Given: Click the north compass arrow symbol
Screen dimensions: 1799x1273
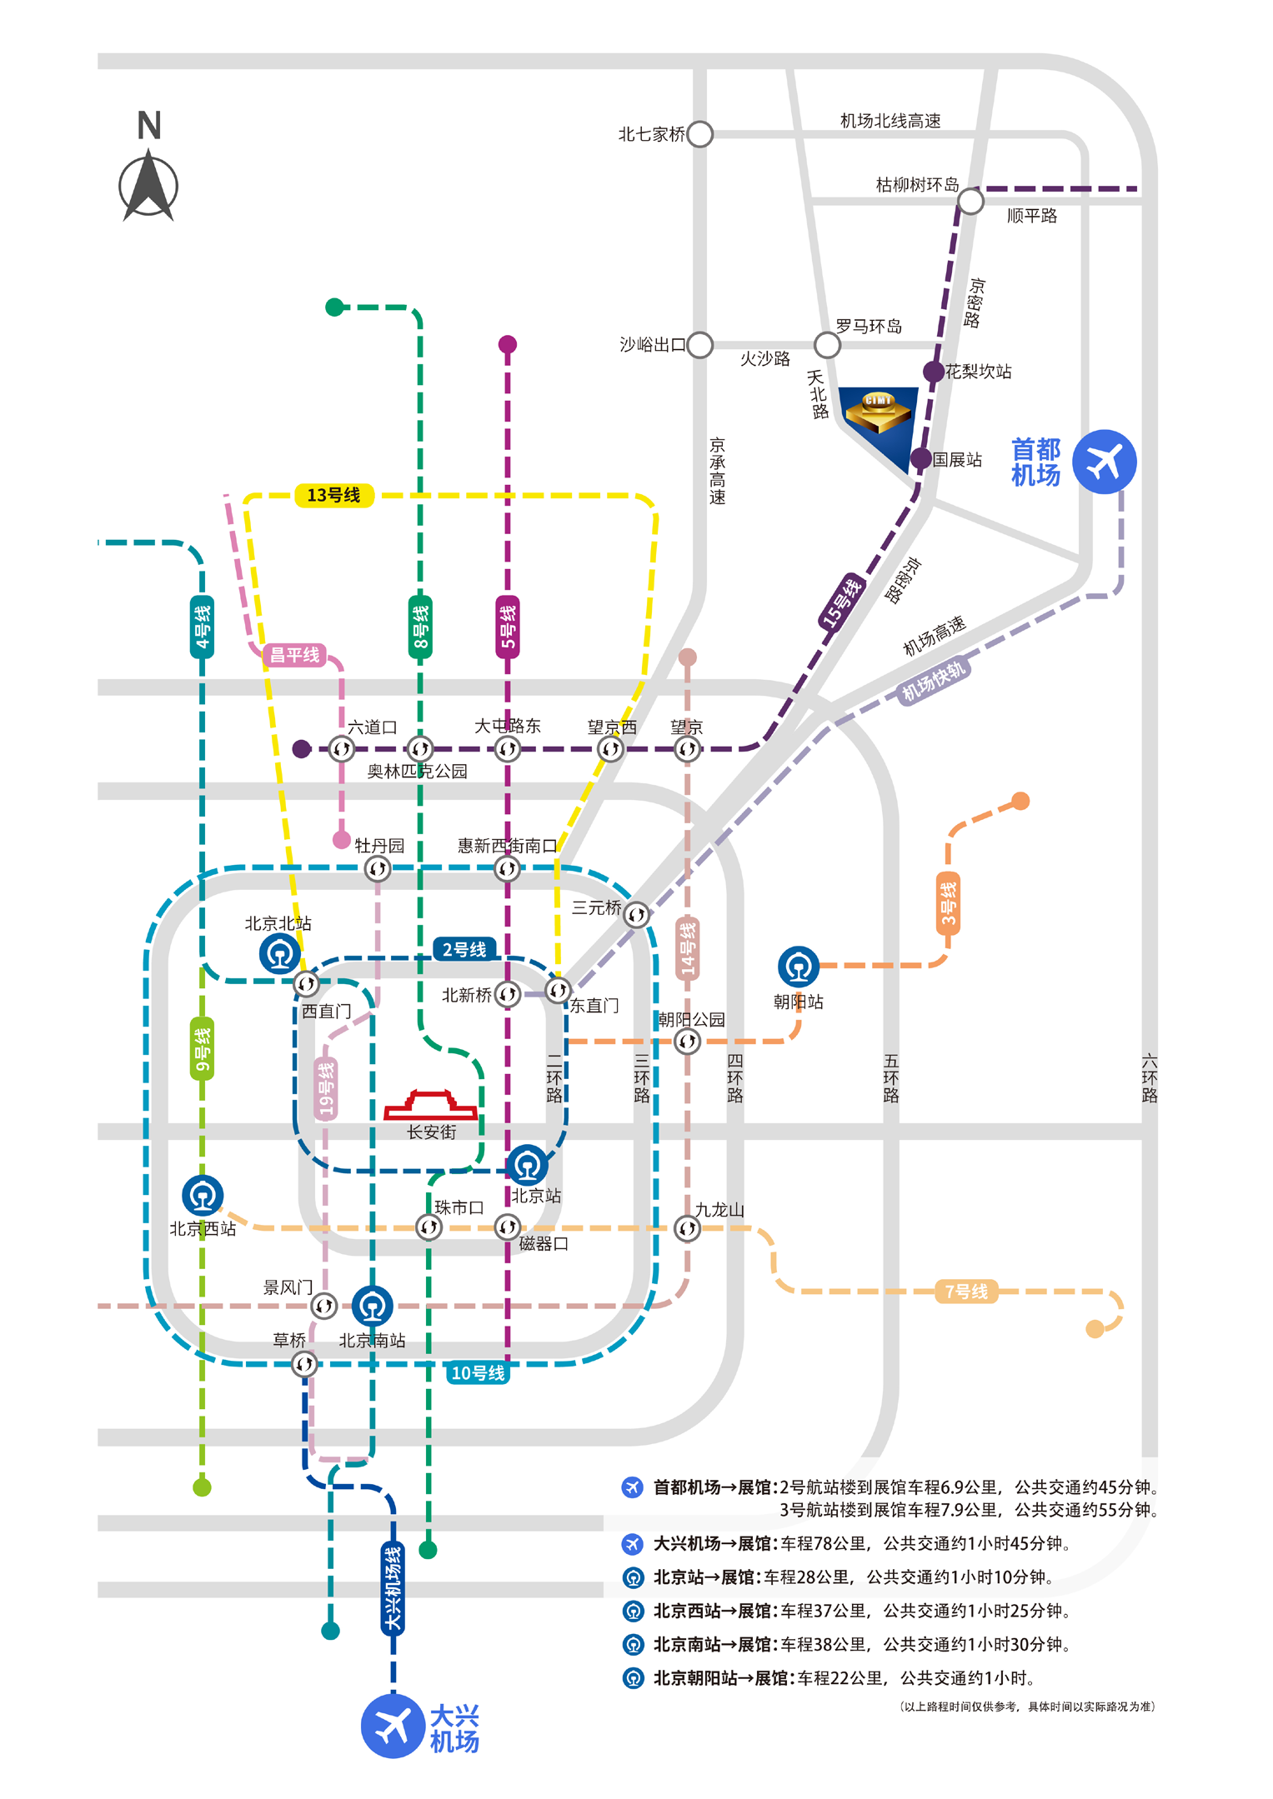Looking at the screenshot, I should pos(148,185).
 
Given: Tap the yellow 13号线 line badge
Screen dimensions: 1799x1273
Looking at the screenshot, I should pos(333,496).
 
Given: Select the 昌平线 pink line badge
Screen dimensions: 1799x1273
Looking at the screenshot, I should pos(294,655).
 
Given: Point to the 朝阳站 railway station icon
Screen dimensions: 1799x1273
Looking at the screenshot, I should pos(798,967).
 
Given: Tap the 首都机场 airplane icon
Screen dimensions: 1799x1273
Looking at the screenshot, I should pos(1104,462).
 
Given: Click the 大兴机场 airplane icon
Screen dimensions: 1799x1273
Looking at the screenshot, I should pos(393,1726).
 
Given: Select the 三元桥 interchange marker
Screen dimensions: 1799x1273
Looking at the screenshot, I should pos(636,914).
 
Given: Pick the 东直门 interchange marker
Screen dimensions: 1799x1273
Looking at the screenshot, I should pos(557,990).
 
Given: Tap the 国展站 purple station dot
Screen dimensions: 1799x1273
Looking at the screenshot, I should pos(920,457).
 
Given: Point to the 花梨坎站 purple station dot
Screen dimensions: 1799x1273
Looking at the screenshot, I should pos(933,372).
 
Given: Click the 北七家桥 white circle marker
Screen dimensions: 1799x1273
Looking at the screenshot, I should pos(700,134).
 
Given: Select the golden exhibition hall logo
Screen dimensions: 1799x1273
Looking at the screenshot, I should pos(878,412).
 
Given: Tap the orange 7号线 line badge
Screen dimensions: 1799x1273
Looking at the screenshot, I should pos(965,1292).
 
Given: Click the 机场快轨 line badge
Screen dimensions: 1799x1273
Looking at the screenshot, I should pos(933,681).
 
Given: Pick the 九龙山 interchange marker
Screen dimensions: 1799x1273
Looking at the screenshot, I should pos(687,1228).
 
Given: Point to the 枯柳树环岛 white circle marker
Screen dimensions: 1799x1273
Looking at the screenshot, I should pos(970,201).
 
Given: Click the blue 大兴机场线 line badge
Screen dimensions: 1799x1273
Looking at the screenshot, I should pos(393,1588).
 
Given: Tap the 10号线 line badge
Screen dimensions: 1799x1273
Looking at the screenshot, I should pos(478,1373).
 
